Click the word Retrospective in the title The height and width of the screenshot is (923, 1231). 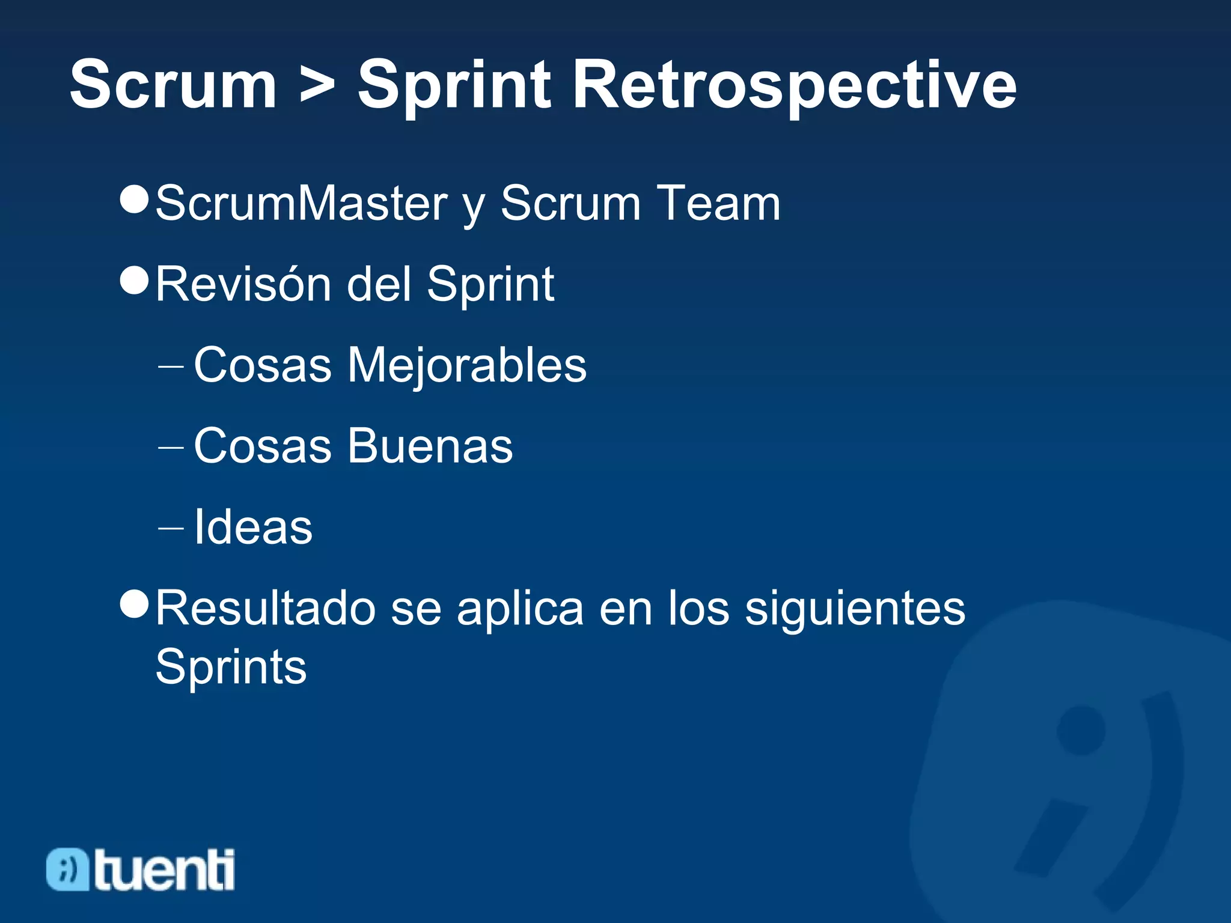point(795,85)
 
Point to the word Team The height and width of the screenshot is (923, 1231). point(718,203)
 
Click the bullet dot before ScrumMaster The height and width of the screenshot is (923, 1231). point(134,199)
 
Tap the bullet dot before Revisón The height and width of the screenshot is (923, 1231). point(134,280)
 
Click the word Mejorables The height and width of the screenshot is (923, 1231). point(466,365)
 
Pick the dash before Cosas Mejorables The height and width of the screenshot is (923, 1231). point(170,366)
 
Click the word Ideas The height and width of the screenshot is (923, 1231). point(253,527)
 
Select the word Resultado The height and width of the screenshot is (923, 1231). point(266,608)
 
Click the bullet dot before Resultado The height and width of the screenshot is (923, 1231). point(134,604)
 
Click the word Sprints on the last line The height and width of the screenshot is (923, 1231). point(231,667)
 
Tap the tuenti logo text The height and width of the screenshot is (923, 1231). point(164,870)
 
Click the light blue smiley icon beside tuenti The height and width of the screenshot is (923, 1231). point(67,870)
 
